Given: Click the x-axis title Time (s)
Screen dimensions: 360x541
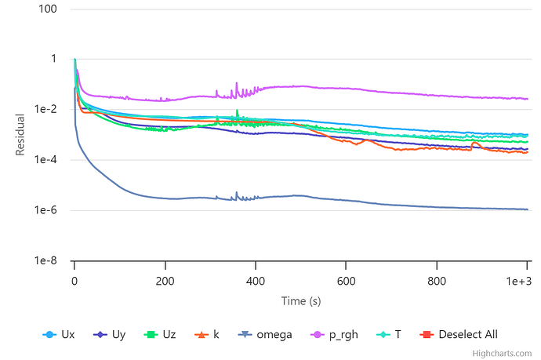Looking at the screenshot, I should [x=301, y=300].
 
